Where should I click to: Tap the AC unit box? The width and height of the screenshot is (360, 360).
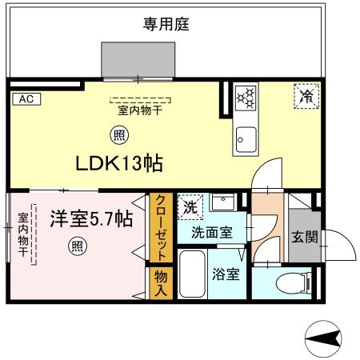pyautogui.click(x=25, y=99)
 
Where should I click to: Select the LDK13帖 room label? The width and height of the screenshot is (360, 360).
pyautogui.click(x=119, y=164)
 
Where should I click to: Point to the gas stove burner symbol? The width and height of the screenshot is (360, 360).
pyautogui.click(x=246, y=98)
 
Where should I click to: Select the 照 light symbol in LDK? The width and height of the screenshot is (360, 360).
pyautogui.click(x=117, y=135)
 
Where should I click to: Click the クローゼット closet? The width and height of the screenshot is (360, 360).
pyautogui.click(x=162, y=228)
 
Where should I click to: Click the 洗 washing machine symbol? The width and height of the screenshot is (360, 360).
pyautogui.click(x=190, y=206)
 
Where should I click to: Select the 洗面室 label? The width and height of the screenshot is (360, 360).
pyautogui.click(x=212, y=233)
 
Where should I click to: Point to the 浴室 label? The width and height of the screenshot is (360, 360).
pyautogui.click(x=225, y=274)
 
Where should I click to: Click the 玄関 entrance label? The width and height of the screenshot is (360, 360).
pyautogui.click(x=305, y=236)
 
